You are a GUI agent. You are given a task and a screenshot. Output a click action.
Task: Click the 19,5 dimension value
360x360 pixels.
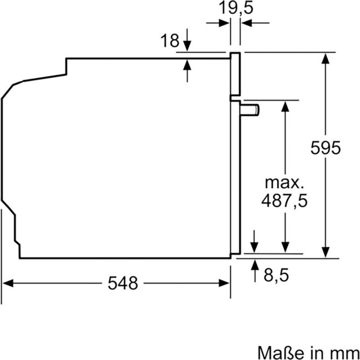pos(236,8)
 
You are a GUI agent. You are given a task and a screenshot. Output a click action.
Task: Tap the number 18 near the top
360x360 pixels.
pos(170,41)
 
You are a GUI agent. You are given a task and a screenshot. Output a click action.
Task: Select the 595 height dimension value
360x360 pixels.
pos(326,148)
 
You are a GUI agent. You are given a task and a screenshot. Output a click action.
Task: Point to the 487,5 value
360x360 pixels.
pos(284,201)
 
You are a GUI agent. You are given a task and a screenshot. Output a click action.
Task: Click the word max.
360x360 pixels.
pos(283,183)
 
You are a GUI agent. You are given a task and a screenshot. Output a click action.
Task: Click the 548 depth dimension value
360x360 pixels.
pos(123,283)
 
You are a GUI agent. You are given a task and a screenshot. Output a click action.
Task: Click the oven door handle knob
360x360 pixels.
pos(250,110)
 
